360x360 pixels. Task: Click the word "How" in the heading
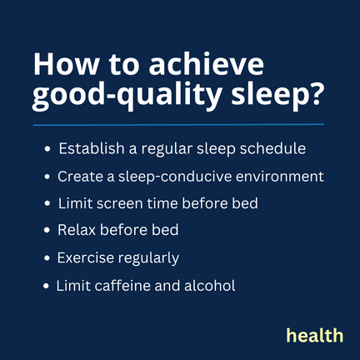click(x=66, y=64)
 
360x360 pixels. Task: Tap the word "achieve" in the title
click(x=206, y=63)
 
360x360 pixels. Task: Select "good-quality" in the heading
click(x=127, y=94)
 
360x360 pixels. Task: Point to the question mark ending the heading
click(x=315, y=93)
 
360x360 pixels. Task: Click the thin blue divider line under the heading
click(x=178, y=125)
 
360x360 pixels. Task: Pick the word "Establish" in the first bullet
click(x=92, y=148)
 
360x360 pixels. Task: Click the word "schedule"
click(x=272, y=148)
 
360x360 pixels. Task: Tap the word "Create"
click(x=80, y=177)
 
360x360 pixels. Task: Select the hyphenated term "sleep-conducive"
click(x=175, y=177)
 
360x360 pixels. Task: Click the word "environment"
click(x=280, y=177)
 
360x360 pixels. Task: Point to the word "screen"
click(x=120, y=203)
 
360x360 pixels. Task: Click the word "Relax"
click(x=77, y=230)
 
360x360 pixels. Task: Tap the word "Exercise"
click(x=86, y=257)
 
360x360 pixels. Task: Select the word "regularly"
click(x=148, y=258)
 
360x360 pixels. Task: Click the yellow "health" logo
click(x=315, y=335)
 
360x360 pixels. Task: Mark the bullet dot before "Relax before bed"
click(x=47, y=230)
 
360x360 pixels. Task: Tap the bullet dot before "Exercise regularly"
click(x=47, y=258)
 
